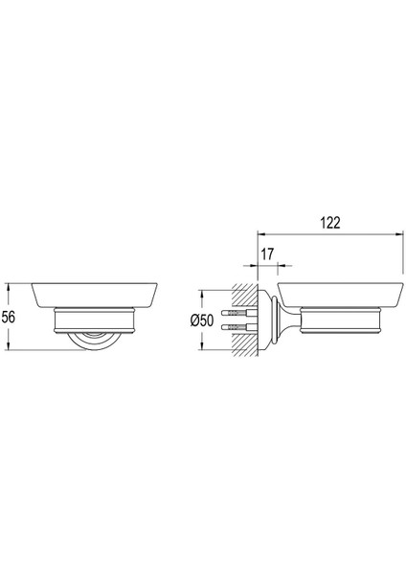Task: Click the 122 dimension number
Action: (x=330, y=223)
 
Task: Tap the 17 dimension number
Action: (x=267, y=254)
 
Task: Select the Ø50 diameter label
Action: (x=202, y=320)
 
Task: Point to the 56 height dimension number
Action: (x=8, y=317)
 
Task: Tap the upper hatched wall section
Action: (x=244, y=296)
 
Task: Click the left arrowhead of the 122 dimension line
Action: (x=261, y=235)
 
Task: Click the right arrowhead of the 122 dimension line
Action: (x=399, y=235)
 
